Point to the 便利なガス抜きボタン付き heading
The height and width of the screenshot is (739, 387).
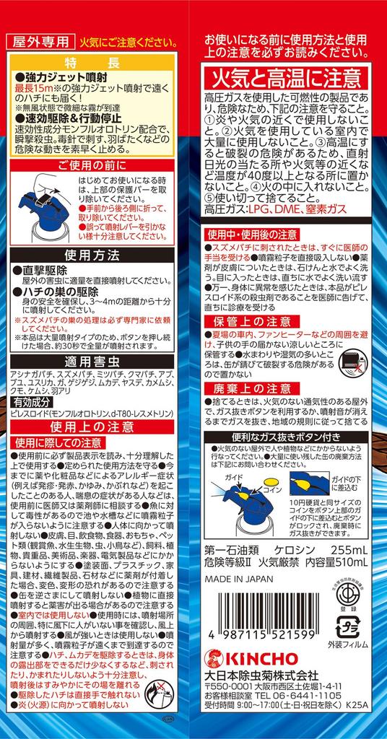pyautogui.click(x=292, y=437)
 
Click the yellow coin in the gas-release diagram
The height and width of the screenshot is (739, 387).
pyautogui.click(x=268, y=481)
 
